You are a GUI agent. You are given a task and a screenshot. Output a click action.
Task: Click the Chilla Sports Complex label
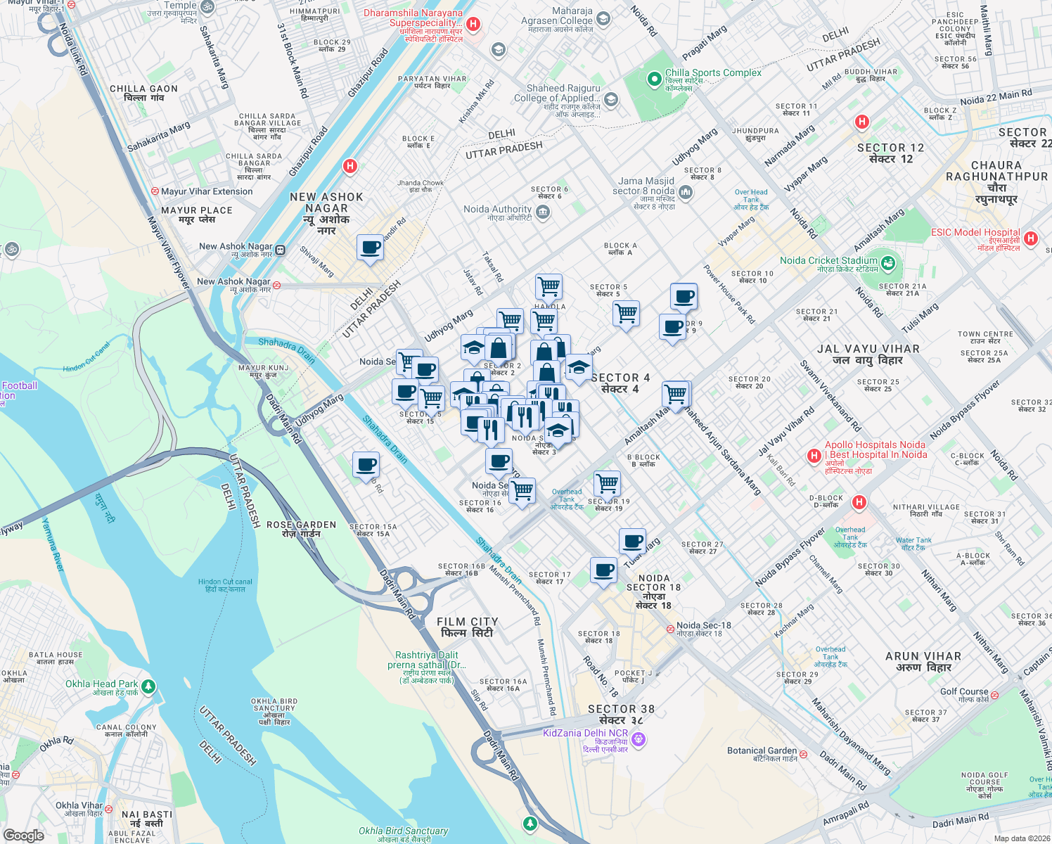713,72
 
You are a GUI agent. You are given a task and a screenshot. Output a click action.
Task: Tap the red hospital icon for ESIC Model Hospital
1031,238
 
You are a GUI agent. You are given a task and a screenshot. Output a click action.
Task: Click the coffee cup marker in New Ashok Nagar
370,248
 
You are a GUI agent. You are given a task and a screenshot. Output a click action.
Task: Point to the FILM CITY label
467,622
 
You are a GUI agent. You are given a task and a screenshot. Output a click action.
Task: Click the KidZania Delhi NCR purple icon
639,739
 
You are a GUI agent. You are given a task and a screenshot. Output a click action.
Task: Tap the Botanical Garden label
762,750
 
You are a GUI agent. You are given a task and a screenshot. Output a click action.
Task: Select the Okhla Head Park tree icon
148,686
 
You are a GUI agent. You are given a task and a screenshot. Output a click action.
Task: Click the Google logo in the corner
24,835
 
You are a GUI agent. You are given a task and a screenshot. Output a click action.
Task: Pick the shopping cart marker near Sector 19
607,484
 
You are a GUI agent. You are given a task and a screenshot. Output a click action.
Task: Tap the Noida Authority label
497,209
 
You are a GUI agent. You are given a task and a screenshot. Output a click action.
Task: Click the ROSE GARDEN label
301,525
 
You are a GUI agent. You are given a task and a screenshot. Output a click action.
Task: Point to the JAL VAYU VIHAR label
868,349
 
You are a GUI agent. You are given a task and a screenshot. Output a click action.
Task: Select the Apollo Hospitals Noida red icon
814,456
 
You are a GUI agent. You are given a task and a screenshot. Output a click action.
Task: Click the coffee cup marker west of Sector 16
366,465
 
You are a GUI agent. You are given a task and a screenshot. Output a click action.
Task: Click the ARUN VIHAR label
923,656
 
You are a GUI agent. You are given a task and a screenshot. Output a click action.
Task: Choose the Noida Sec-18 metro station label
703,625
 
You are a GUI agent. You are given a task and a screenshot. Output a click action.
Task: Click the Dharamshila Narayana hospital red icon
473,25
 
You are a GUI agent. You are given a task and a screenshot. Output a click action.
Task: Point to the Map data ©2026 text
1020,838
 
